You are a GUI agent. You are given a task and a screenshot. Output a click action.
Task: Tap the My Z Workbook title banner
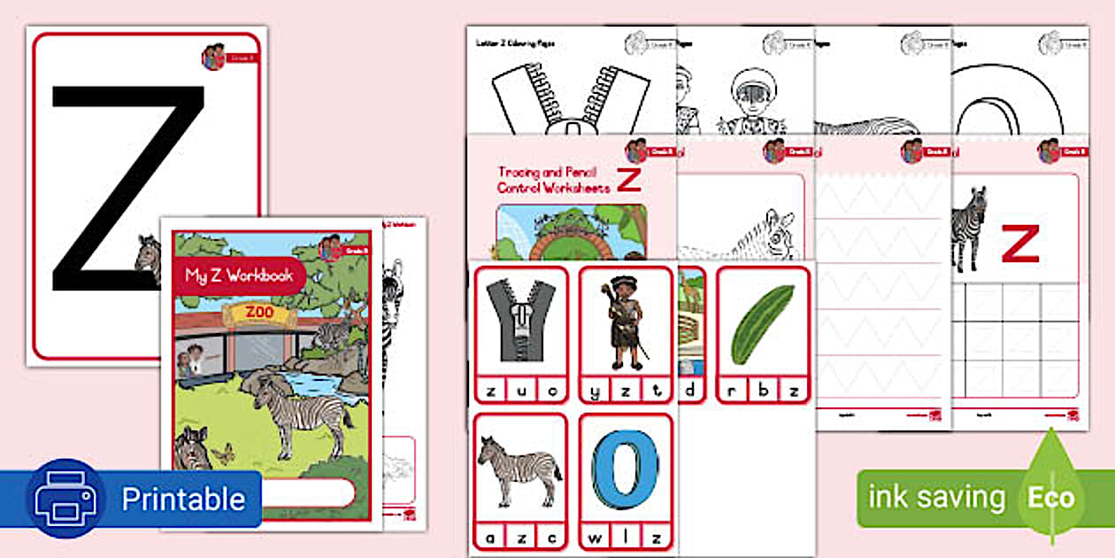click(239, 275)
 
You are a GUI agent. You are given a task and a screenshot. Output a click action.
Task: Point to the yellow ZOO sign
click(259, 314)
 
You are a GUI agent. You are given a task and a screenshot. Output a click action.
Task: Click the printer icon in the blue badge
click(63, 499)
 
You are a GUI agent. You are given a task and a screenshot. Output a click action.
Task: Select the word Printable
click(182, 499)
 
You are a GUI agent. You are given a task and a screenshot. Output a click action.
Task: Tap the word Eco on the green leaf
click(1050, 497)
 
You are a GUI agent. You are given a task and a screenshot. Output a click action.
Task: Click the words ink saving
click(936, 497)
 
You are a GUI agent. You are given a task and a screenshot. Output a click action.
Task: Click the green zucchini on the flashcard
click(762, 324)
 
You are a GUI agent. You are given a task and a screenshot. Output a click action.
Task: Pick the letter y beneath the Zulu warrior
click(598, 390)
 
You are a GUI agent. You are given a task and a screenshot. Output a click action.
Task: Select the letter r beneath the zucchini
click(734, 390)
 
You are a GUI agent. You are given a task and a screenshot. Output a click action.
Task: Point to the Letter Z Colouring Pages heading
click(516, 43)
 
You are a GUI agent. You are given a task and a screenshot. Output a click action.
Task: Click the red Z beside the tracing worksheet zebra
click(1020, 244)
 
